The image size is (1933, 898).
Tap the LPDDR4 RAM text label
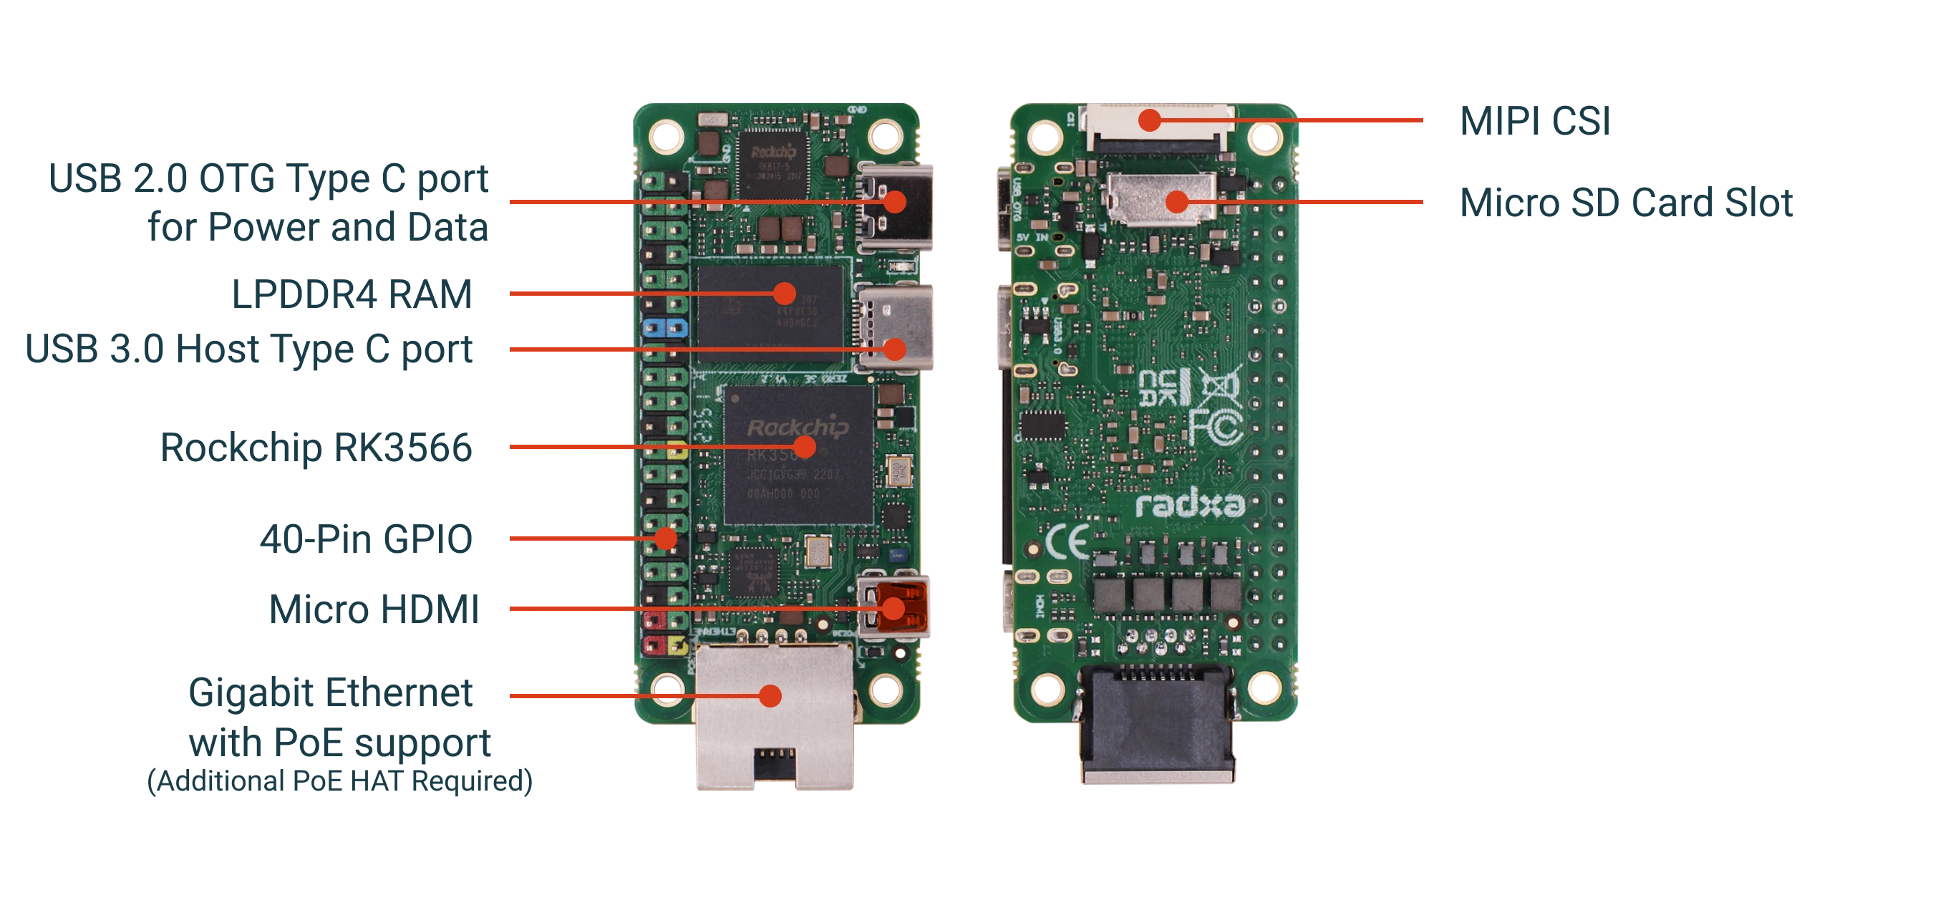352,293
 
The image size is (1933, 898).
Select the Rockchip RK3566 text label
316,448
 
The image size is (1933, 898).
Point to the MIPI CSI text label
1534,121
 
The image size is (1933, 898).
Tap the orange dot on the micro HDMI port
892,607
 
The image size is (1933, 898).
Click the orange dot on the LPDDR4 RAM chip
785,293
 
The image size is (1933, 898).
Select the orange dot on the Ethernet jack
770,696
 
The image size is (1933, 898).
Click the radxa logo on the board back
1190,505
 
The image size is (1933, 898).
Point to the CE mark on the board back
1067,541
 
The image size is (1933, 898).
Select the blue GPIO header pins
140,327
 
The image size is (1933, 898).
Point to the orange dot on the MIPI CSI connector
1149,120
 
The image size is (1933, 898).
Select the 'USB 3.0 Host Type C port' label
249,350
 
